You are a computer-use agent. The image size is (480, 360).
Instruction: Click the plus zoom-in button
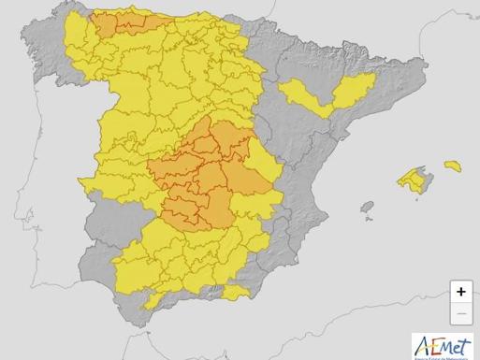pyautogui.click(x=461, y=291)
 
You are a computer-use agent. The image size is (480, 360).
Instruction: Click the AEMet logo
pyautogui.click(x=443, y=345)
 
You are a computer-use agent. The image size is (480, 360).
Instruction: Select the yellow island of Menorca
pyautogui.click(x=453, y=166)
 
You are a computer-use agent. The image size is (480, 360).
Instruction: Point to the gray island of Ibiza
pyautogui.click(x=367, y=207)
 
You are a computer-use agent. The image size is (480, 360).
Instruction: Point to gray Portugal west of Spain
pyautogui.click(x=47, y=187)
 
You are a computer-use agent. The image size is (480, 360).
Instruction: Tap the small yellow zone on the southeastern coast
pyautogui.click(x=237, y=293)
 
